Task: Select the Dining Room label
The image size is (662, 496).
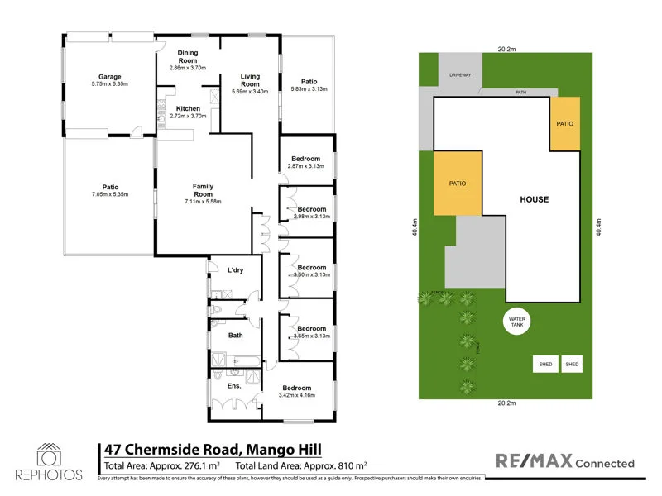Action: point(187,57)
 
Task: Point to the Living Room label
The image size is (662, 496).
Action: point(250,80)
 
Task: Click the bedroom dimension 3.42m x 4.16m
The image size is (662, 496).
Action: point(296,397)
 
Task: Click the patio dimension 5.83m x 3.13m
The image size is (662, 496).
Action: point(309,89)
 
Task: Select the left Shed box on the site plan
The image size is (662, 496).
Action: point(545,364)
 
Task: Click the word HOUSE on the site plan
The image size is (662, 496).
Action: point(534,200)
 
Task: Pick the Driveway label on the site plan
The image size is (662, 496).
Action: point(460,75)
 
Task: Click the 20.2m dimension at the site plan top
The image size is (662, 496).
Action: point(506,49)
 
